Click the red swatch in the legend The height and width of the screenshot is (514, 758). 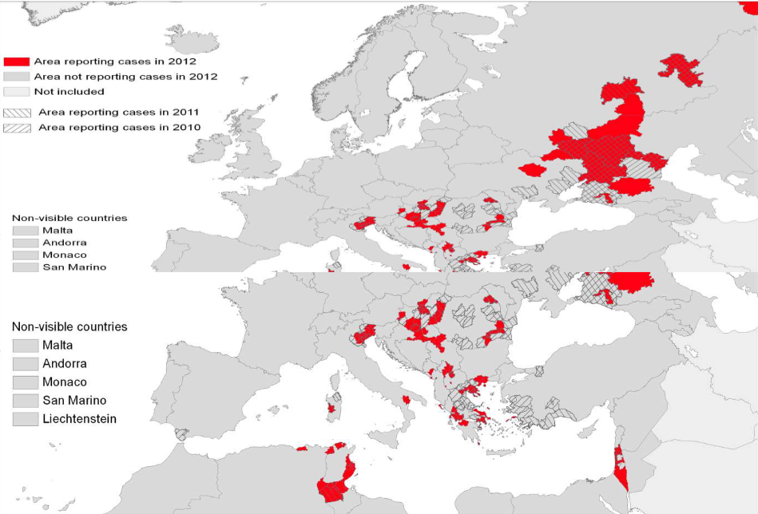click(x=16, y=61)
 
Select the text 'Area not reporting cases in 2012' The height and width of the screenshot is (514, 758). click(x=125, y=77)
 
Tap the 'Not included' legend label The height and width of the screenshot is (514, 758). click(x=69, y=92)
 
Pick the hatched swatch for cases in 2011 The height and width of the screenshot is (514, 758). click(x=16, y=113)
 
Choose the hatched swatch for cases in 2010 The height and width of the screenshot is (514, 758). click(x=16, y=128)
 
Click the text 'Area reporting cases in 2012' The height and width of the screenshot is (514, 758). click(x=115, y=61)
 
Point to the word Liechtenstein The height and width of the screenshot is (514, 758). click(x=80, y=419)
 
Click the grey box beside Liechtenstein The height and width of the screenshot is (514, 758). click(x=26, y=419)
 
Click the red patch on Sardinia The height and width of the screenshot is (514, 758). click(x=331, y=409)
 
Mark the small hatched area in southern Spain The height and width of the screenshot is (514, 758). click(x=182, y=435)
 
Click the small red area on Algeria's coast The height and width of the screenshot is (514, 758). click(x=302, y=449)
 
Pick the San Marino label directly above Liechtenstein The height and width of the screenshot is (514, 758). click(x=74, y=401)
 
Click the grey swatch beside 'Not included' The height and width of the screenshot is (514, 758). click(x=16, y=92)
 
